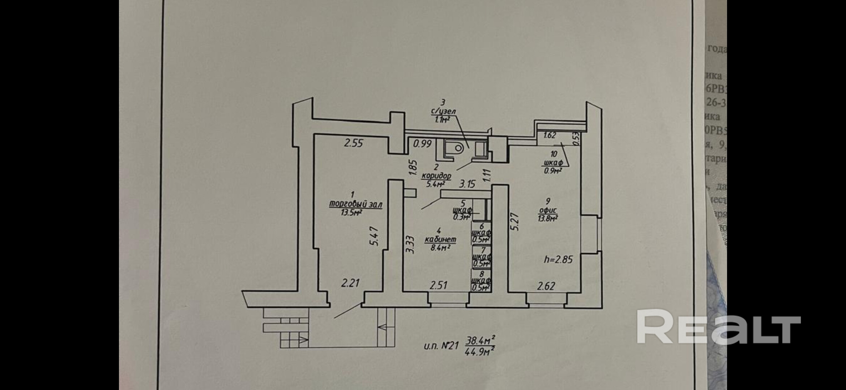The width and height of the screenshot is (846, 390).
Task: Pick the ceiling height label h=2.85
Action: pos(559,259)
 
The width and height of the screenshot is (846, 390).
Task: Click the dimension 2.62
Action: pos(546,286)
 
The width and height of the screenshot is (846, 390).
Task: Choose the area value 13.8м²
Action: pos(548,218)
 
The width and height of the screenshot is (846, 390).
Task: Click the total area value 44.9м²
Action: pos(479,351)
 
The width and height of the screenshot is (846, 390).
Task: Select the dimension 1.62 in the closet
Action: pos(550,135)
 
